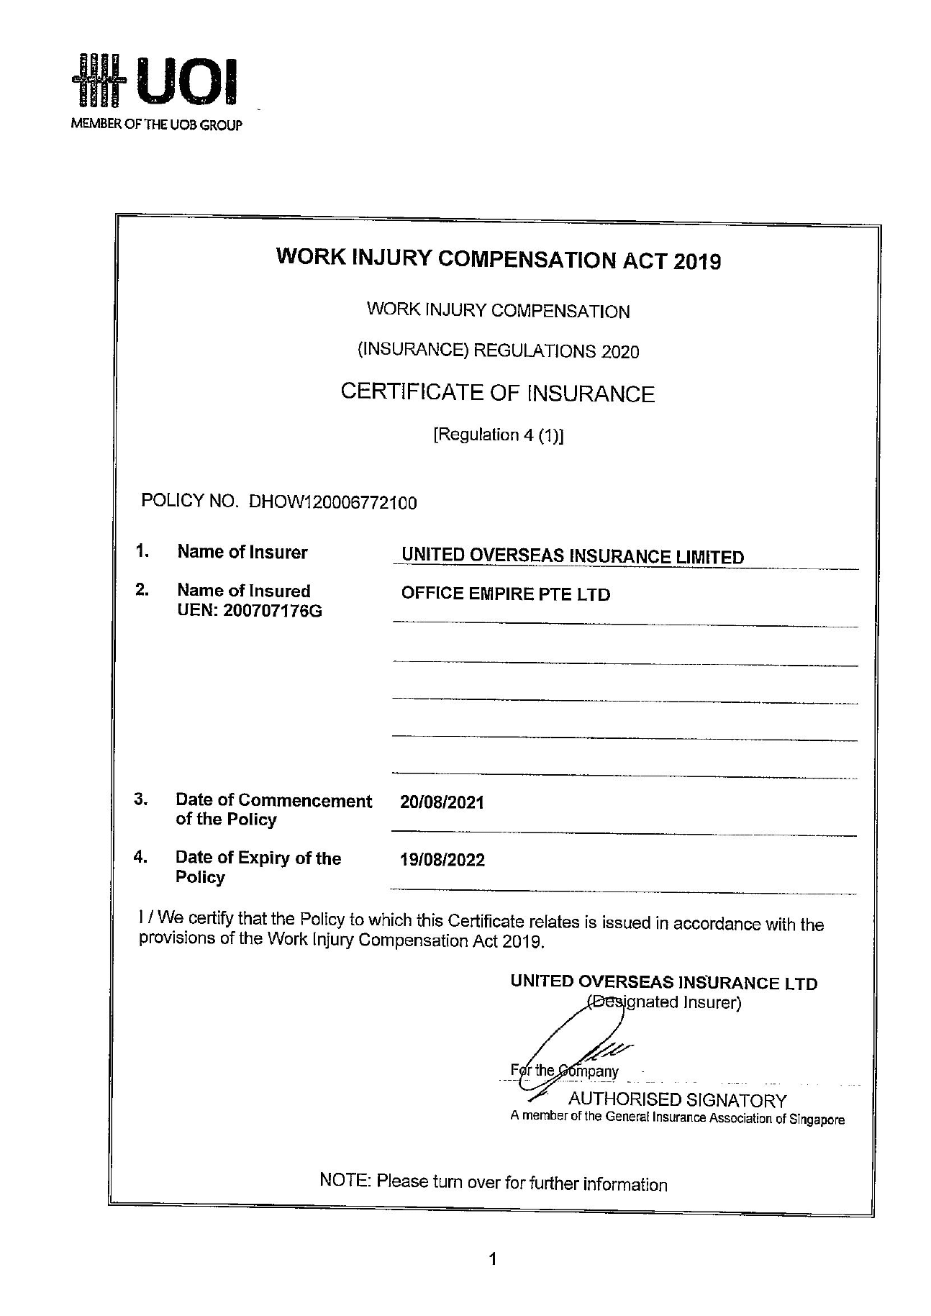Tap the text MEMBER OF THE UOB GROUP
tap(156, 125)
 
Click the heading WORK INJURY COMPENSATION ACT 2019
tap(498, 259)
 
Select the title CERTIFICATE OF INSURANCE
tap(497, 393)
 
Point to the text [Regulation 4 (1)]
tap(498, 435)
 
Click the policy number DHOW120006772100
tap(332, 502)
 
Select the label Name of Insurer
tap(242, 553)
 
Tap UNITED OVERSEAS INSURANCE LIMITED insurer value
tap(573, 556)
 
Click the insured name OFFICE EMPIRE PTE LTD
tap(505, 594)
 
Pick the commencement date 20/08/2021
tap(442, 802)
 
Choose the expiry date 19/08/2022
tap(442, 860)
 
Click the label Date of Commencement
tap(273, 801)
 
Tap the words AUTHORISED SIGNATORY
tap(677, 1099)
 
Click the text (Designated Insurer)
tap(663, 1002)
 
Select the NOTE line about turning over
tap(493, 1184)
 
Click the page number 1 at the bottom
tap(493, 1259)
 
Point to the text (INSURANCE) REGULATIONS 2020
tap(498, 351)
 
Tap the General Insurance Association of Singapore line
tap(677, 1119)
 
